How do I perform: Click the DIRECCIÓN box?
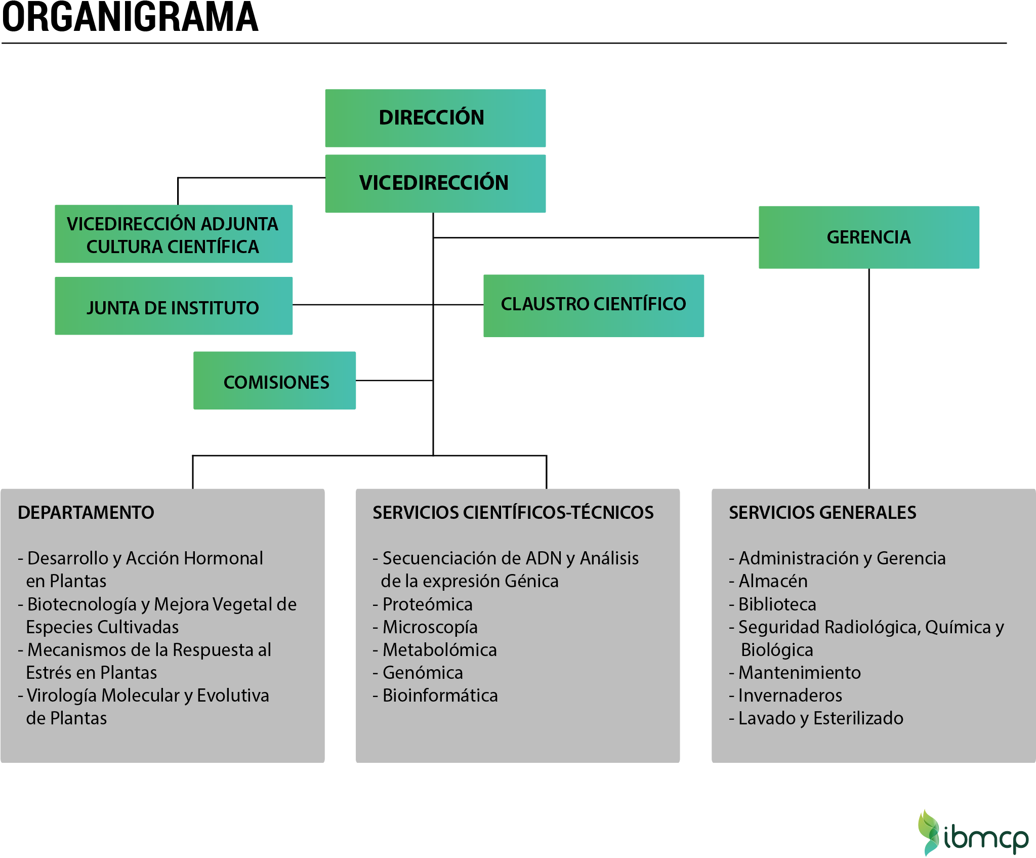(435, 118)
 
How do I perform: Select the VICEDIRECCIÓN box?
(435, 183)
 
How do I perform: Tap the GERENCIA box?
(868, 237)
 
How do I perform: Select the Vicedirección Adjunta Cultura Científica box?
(173, 234)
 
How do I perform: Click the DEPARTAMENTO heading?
(86, 512)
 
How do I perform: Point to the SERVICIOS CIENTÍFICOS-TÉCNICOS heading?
(513, 512)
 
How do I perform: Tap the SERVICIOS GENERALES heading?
(822, 512)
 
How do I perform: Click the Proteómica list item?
(427, 604)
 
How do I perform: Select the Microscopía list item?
(430, 627)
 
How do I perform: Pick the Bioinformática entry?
(440, 696)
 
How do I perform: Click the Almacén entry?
(773, 581)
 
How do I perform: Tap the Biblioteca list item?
(777, 604)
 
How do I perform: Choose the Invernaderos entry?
(790, 696)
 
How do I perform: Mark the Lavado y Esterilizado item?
(820, 718)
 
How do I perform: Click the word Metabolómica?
(439, 650)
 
